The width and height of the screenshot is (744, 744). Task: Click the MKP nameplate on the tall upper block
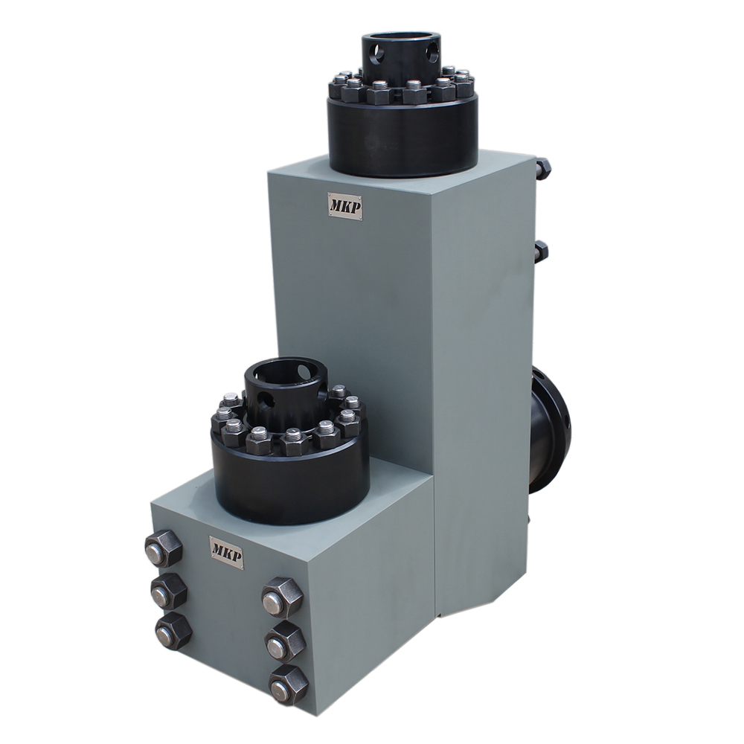click(x=344, y=206)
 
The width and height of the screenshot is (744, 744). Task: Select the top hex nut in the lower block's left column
click(x=163, y=549)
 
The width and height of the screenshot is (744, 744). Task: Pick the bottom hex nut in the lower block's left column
click(x=173, y=632)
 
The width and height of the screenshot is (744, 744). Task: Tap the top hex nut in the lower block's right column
click(x=282, y=597)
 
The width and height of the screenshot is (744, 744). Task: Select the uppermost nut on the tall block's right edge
click(x=542, y=168)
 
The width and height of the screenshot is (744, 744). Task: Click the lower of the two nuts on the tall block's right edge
click(x=540, y=251)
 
